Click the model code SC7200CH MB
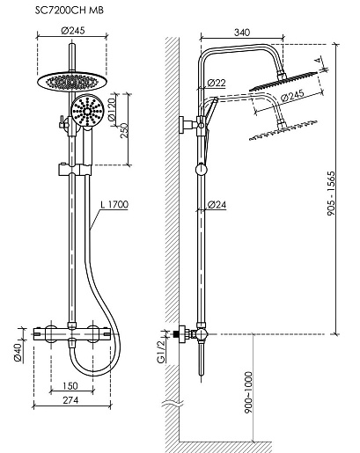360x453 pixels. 70,11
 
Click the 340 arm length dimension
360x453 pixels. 242,32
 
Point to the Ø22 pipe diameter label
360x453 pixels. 217,83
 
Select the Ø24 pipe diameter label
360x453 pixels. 217,205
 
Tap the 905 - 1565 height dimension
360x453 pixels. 331,194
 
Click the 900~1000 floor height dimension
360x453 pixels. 248,392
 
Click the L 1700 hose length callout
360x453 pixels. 114,204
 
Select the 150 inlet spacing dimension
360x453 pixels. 70,385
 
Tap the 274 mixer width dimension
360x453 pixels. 70,400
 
